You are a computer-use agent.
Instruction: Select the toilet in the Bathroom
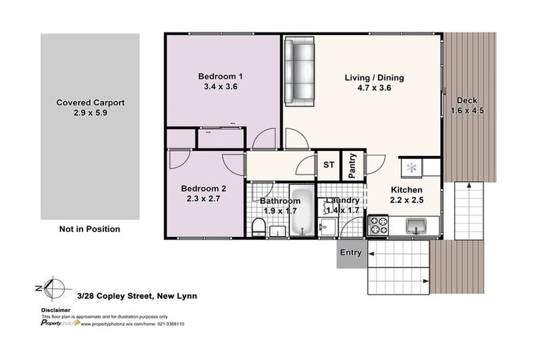tap(258, 226)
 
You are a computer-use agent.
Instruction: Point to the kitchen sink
tap(416, 226)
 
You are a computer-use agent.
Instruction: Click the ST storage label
tap(328, 165)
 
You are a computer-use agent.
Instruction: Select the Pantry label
tap(352, 166)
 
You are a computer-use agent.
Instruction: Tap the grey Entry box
tap(350, 253)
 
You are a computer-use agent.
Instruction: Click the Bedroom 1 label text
tap(220, 77)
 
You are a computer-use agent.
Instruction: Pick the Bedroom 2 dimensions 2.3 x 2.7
tap(203, 200)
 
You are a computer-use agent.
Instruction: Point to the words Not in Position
tap(89, 229)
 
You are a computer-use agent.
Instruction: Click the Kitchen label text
tap(406, 190)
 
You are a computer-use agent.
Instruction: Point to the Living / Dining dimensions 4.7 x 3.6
tap(373, 89)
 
